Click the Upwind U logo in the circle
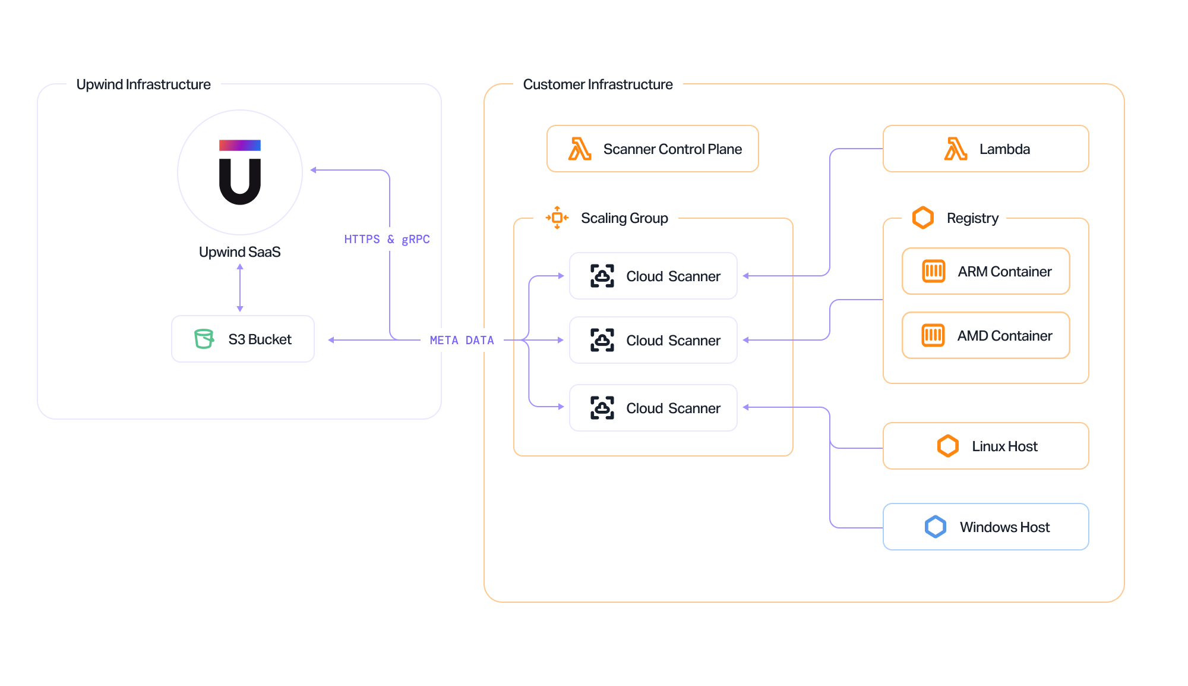(240, 172)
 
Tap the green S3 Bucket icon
(204, 339)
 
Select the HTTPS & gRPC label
(387, 239)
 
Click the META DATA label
(462, 340)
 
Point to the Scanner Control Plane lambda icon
(579, 149)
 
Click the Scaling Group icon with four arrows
(557, 218)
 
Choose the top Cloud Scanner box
(653, 276)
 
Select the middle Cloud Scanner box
(653, 340)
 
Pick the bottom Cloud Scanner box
(653, 408)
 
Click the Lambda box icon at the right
(955, 149)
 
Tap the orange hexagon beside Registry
(922, 218)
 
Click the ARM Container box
(985, 271)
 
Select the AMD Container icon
(933, 335)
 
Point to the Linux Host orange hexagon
(947, 446)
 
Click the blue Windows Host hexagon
(935, 527)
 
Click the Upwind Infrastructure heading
(143, 84)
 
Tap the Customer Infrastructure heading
(597, 84)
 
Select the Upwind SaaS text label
(239, 252)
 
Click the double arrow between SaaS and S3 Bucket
(240, 288)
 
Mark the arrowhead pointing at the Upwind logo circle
(314, 170)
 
